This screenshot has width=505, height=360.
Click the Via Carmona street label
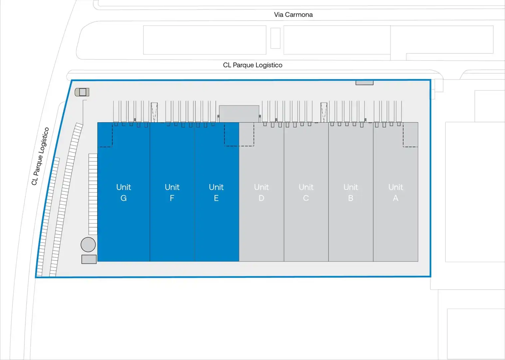293,15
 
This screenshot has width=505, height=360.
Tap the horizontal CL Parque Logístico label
252,65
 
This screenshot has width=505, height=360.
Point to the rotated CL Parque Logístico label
40,156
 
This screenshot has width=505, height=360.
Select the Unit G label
124,192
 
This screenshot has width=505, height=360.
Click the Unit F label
172,192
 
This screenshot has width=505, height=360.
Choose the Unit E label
216,192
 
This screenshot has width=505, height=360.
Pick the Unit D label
261,192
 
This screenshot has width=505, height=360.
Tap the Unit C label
306,192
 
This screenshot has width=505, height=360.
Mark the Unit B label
350,192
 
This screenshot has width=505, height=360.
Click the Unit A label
396,192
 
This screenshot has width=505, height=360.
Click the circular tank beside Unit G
88,245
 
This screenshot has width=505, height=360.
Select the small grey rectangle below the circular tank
89,259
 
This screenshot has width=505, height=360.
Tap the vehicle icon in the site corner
82,92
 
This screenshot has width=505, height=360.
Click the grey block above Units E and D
239,114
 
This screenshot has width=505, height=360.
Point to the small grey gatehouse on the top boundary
364,83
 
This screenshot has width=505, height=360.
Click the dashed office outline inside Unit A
403,135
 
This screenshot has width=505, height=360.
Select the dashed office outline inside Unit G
112,135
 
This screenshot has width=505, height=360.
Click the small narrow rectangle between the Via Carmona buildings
275,38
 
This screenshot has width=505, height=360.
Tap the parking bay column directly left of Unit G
93,194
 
